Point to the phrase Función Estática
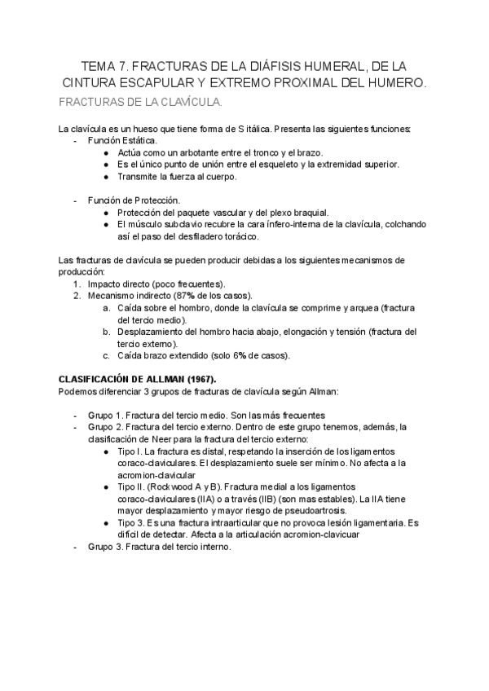pyautogui.click(x=123, y=140)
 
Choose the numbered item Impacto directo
pyautogui.click(x=121, y=283)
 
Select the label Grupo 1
pyautogui.click(x=104, y=414)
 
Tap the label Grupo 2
pyautogui.click(x=104, y=426)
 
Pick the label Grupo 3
pyautogui.click(x=104, y=547)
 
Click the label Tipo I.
pyautogui.click(x=129, y=451)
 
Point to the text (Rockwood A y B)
pyautogui.click(x=183, y=486)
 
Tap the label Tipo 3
pyautogui.click(x=130, y=523)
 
